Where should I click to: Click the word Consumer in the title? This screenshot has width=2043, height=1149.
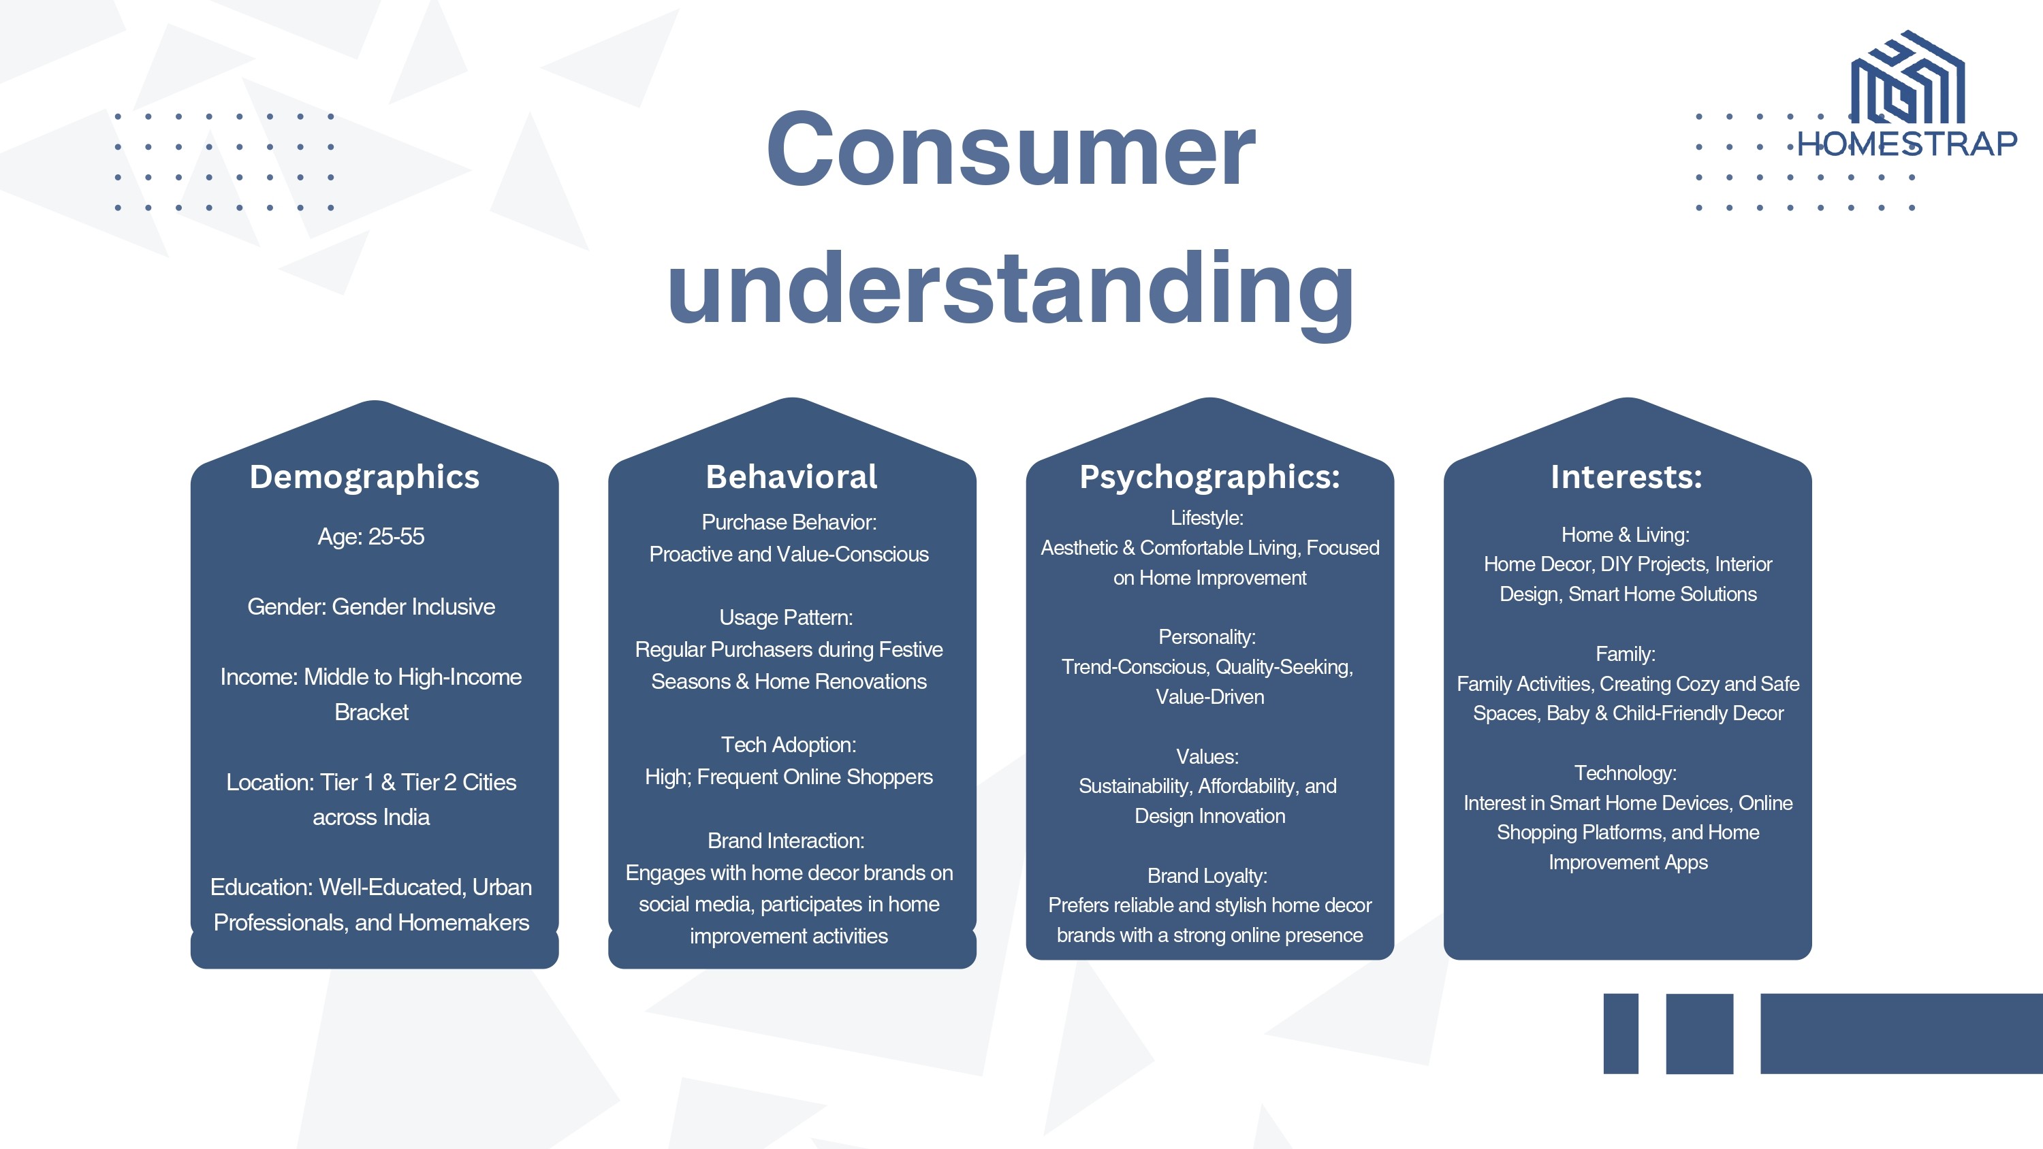click(1011, 149)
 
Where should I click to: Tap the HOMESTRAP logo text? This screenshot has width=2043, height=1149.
click(1907, 144)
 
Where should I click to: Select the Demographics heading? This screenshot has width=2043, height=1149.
click(365, 477)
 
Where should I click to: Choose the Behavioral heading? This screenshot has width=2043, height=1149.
click(791, 476)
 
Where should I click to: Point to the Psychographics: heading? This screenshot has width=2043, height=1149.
click(1209, 477)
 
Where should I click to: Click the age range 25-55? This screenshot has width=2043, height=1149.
click(396, 537)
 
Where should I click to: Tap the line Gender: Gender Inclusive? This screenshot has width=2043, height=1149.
click(371, 606)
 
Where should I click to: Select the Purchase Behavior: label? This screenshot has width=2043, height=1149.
click(789, 522)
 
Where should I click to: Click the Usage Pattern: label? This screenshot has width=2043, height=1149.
click(786, 617)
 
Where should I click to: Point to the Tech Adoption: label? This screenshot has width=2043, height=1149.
click(789, 745)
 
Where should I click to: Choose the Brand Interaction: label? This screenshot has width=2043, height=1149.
click(786, 841)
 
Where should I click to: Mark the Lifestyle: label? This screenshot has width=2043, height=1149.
click(1207, 518)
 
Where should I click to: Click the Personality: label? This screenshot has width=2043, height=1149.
click(1207, 636)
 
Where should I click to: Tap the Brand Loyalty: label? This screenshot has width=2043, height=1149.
click(1207, 875)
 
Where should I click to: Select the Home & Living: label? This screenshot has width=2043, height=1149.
click(1625, 535)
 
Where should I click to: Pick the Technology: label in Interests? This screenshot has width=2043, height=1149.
click(1625, 773)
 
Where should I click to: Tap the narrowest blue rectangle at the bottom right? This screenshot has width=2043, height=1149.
click(1621, 1033)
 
